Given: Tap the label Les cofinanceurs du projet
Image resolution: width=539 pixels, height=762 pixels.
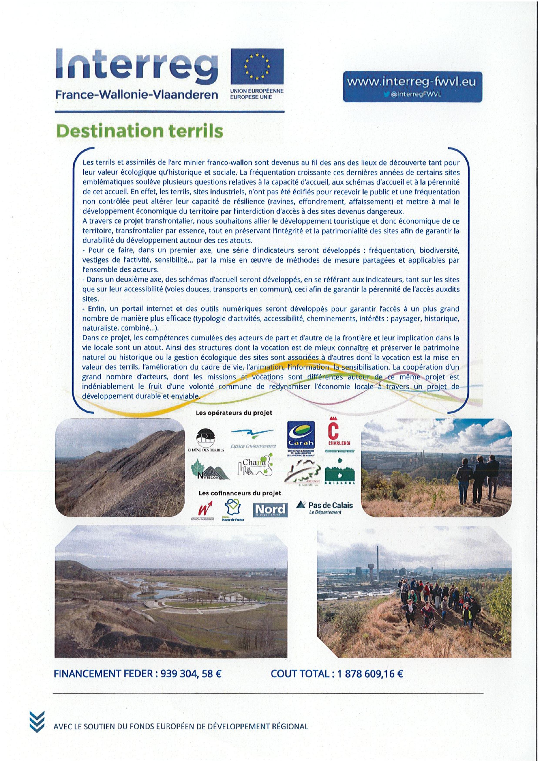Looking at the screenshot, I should [239, 493].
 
